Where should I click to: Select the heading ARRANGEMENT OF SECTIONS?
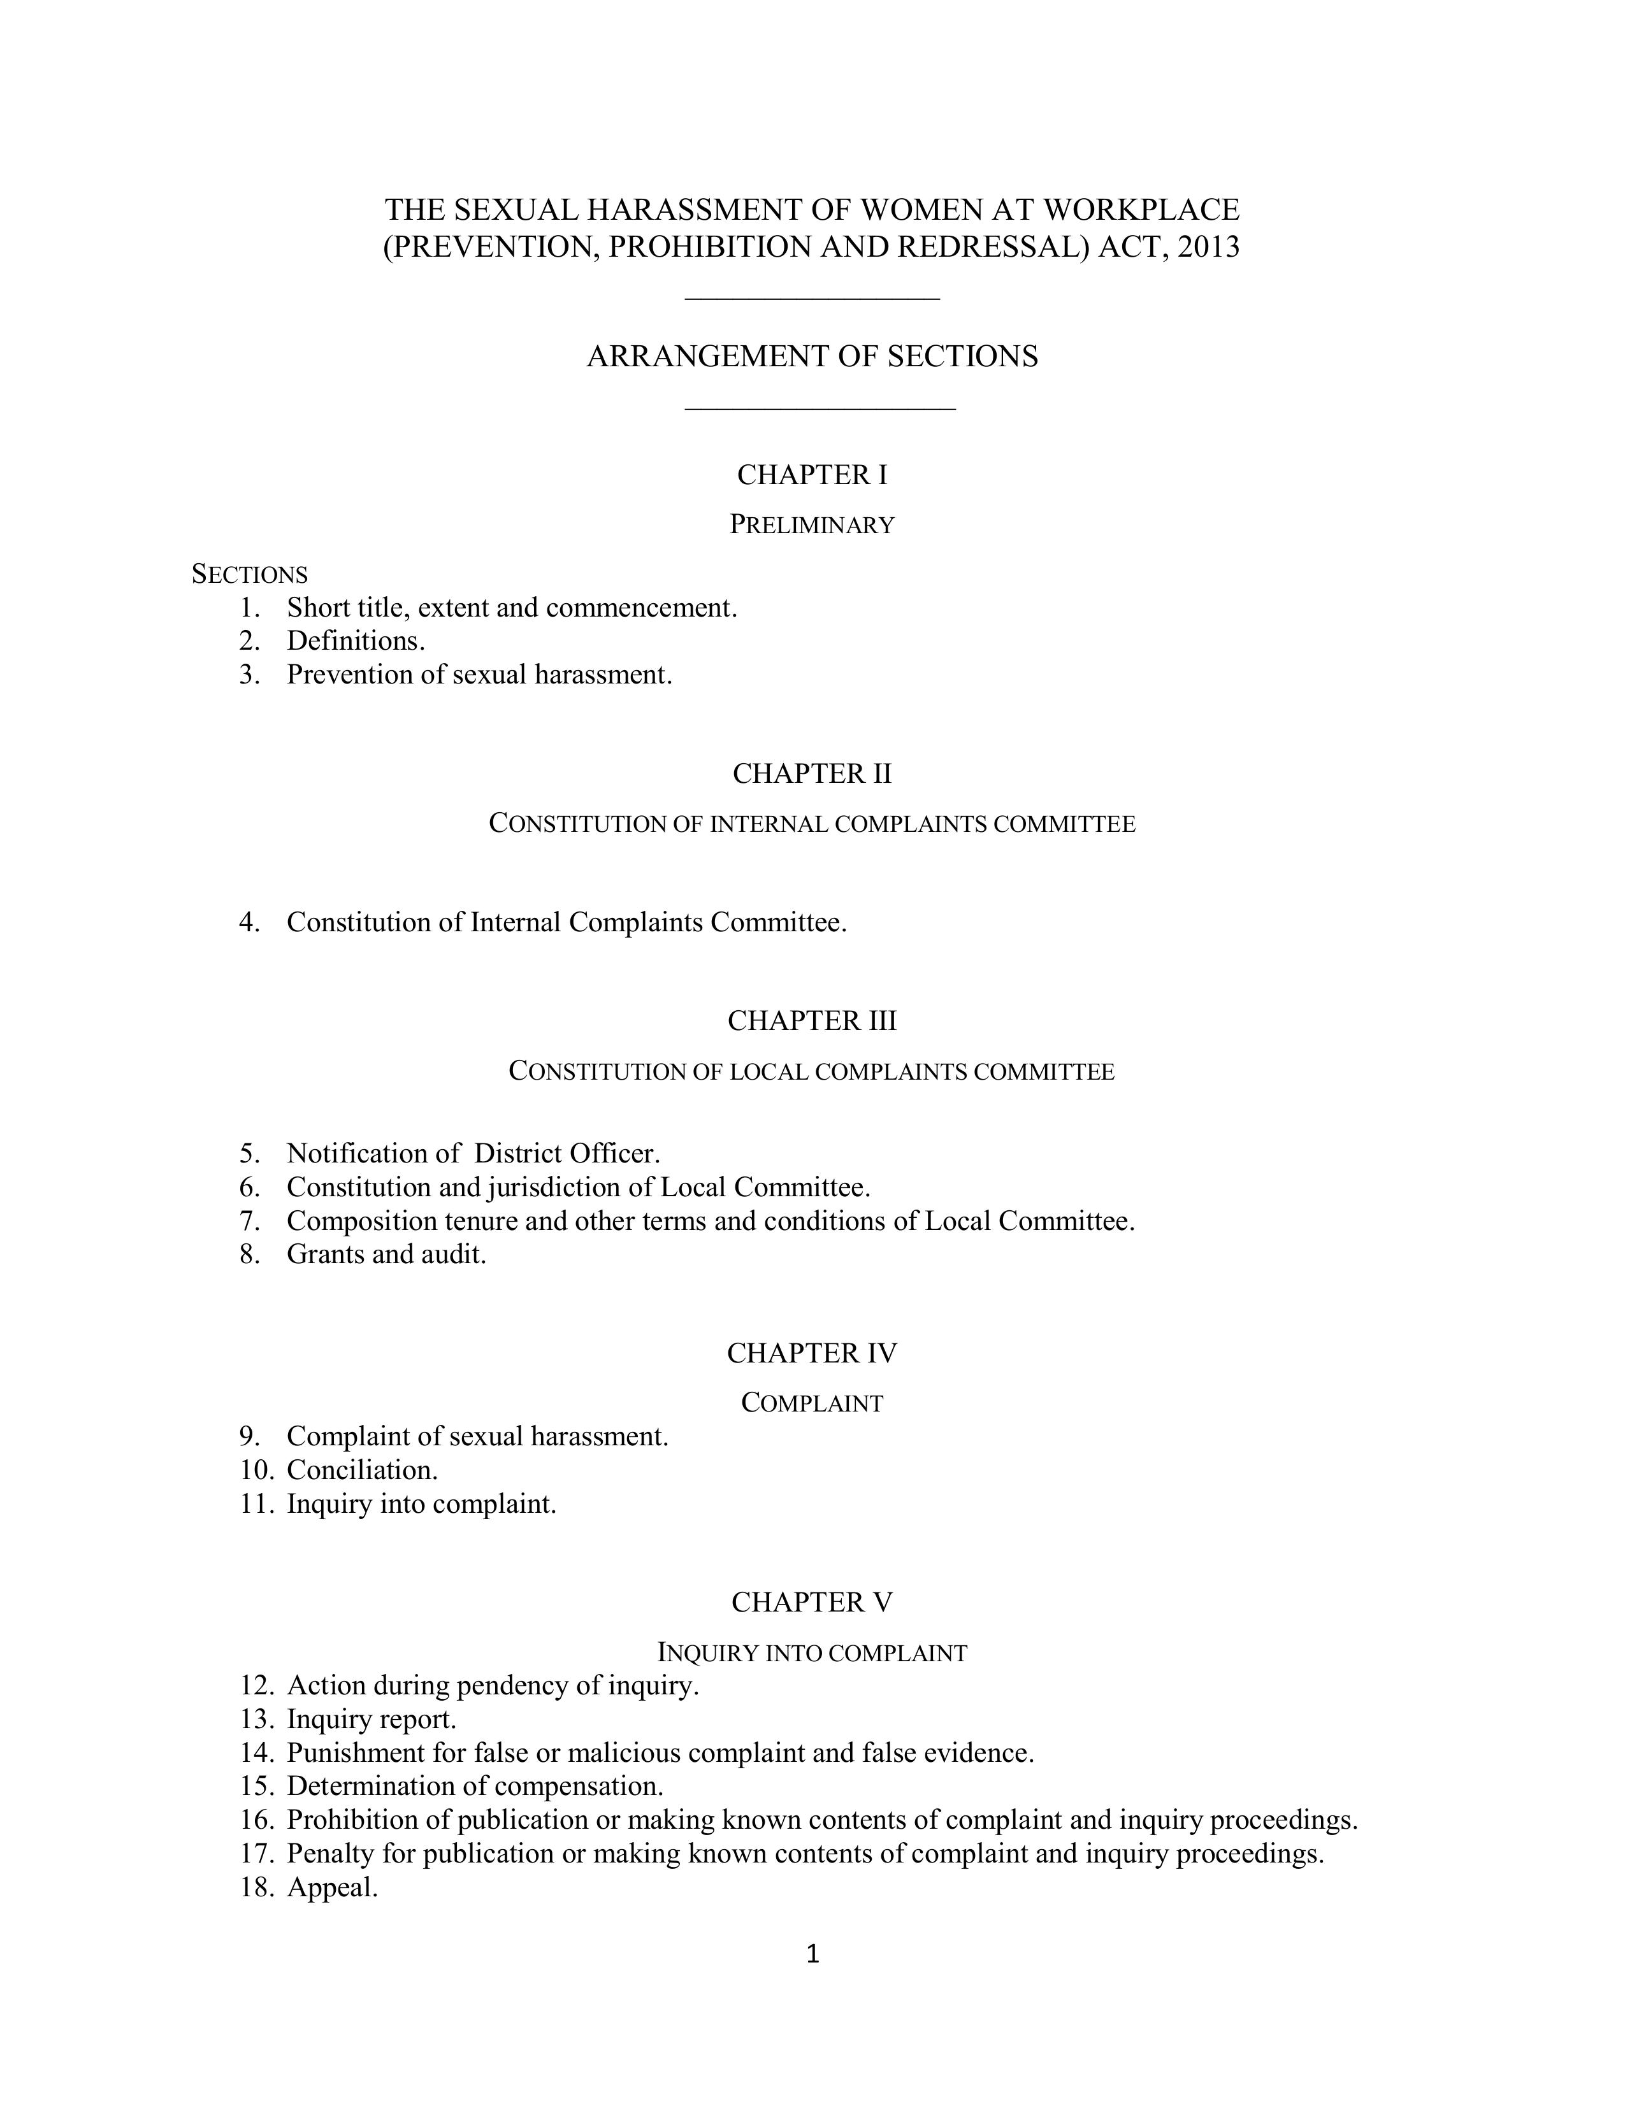pyautogui.click(x=811, y=356)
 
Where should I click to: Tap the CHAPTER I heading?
pyautogui.click(x=811, y=475)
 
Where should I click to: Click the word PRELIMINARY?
pyautogui.click(x=811, y=524)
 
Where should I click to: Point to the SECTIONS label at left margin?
pyautogui.click(x=249, y=575)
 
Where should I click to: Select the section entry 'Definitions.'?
pyautogui.click(x=355, y=641)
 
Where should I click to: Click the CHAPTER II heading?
pyautogui.click(x=811, y=773)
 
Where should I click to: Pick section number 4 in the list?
pyautogui.click(x=249, y=922)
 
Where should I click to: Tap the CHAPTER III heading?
pyautogui.click(x=811, y=1020)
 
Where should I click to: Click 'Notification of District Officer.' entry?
pyautogui.click(x=473, y=1153)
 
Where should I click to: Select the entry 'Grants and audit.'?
pyautogui.click(x=386, y=1254)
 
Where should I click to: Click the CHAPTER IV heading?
pyautogui.click(x=811, y=1353)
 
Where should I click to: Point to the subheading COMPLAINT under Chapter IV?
pyautogui.click(x=811, y=1403)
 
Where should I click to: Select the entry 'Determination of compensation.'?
pyautogui.click(x=475, y=1785)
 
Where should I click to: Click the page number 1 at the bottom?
pyautogui.click(x=811, y=1954)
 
